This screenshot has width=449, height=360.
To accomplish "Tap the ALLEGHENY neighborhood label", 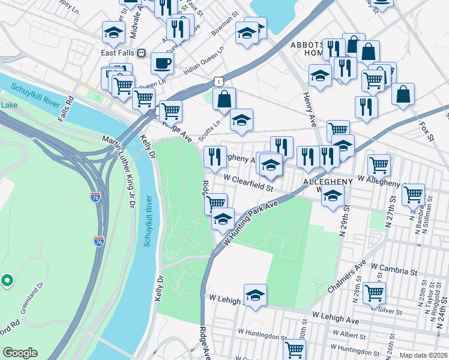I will point(327,181).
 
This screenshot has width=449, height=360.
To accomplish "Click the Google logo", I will point(20,353).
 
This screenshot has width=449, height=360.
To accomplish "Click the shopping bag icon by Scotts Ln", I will point(224,100).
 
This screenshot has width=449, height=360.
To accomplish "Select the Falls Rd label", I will point(65,107).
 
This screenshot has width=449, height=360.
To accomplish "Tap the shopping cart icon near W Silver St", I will point(374,293).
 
